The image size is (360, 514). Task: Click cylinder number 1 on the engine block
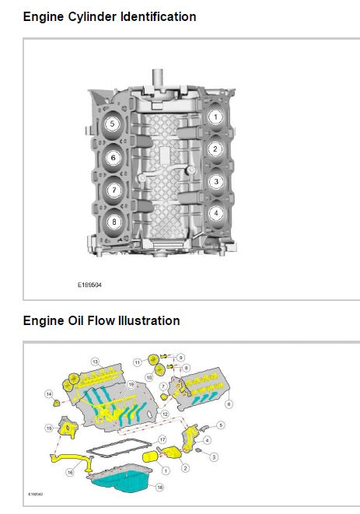215,117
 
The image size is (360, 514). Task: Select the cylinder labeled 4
215,212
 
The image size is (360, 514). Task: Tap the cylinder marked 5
113,124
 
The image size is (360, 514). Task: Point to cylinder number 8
114,222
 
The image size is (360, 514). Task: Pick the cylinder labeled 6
114,157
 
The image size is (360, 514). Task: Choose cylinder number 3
215,181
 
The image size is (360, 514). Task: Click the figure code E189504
89,285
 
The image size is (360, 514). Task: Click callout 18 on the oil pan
160,488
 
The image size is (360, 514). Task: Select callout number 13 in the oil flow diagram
95,362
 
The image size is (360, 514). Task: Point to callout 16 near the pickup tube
70,471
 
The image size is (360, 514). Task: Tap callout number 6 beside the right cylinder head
229,404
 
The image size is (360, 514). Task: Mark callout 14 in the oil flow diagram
48,395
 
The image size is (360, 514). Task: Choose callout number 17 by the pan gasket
162,440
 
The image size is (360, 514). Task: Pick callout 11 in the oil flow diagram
137,362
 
